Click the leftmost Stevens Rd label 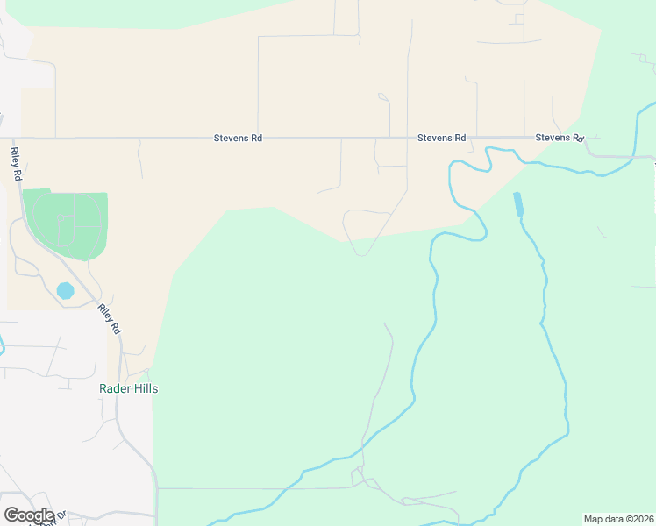tap(238, 139)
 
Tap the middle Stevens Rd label tap(441, 139)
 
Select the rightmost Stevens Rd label tap(560, 139)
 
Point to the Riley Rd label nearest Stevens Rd tap(17, 164)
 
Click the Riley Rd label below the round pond tap(110, 319)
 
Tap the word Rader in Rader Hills tap(114, 388)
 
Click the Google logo tap(29, 515)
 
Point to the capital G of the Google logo tap(11, 515)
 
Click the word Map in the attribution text tap(594, 519)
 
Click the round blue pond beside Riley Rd tap(65, 289)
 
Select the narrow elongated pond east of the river tap(517, 204)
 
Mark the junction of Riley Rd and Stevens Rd tap(11, 139)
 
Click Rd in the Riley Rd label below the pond tap(115, 327)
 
